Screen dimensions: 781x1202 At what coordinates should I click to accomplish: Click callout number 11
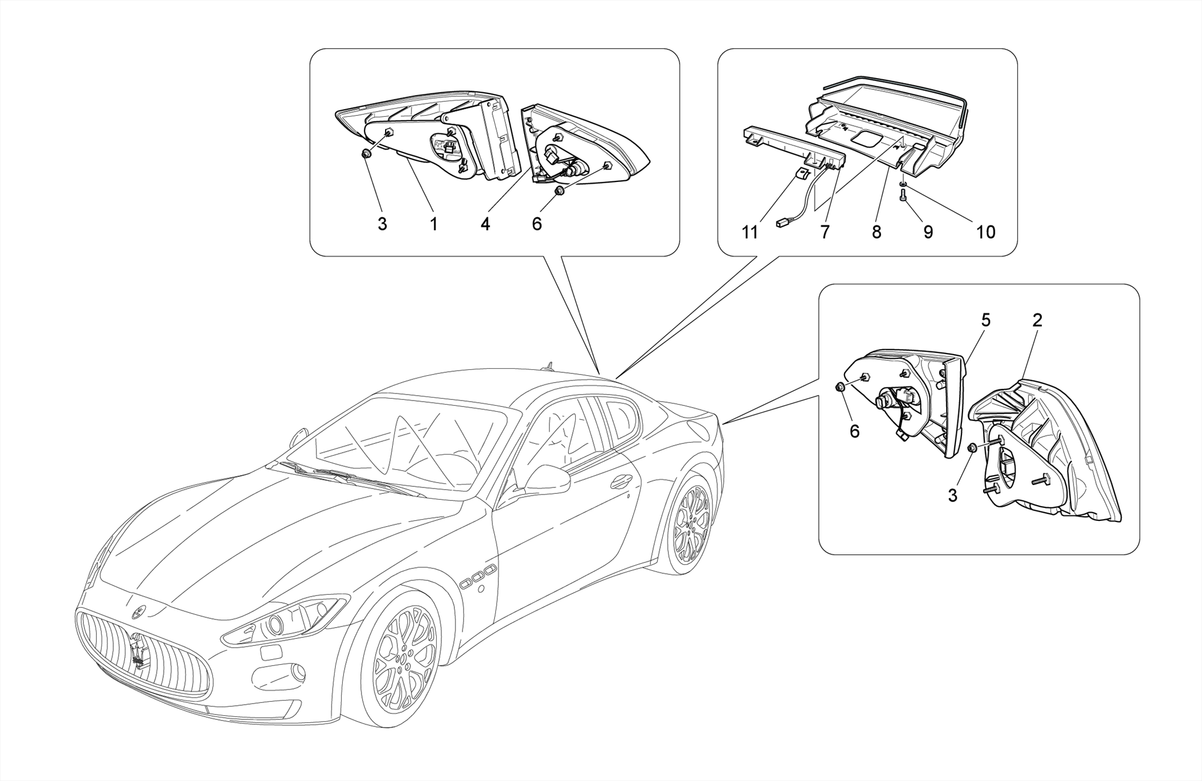click(x=749, y=233)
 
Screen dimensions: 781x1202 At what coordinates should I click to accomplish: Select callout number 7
click(x=825, y=233)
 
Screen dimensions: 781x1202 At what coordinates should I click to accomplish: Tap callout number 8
click(x=876, y=233)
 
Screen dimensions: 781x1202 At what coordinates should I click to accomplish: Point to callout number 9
click(x=928, y=233)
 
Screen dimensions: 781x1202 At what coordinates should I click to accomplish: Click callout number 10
click(x=986, y=233)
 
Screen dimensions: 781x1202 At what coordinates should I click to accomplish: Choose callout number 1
click(x=434, y=224)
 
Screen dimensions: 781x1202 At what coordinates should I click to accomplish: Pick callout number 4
click(x=485, y=224)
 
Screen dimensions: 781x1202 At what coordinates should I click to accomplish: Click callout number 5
click(x=985, y=320)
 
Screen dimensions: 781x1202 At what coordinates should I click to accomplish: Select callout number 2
click(x=1037, y=320)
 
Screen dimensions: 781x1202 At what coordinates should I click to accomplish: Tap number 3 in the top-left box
click(x=382, y=224)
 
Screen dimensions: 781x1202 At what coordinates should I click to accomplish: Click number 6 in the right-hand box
click(x=855, y=432)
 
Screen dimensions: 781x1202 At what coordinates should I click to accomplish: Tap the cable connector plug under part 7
click(x=782, y=223)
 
